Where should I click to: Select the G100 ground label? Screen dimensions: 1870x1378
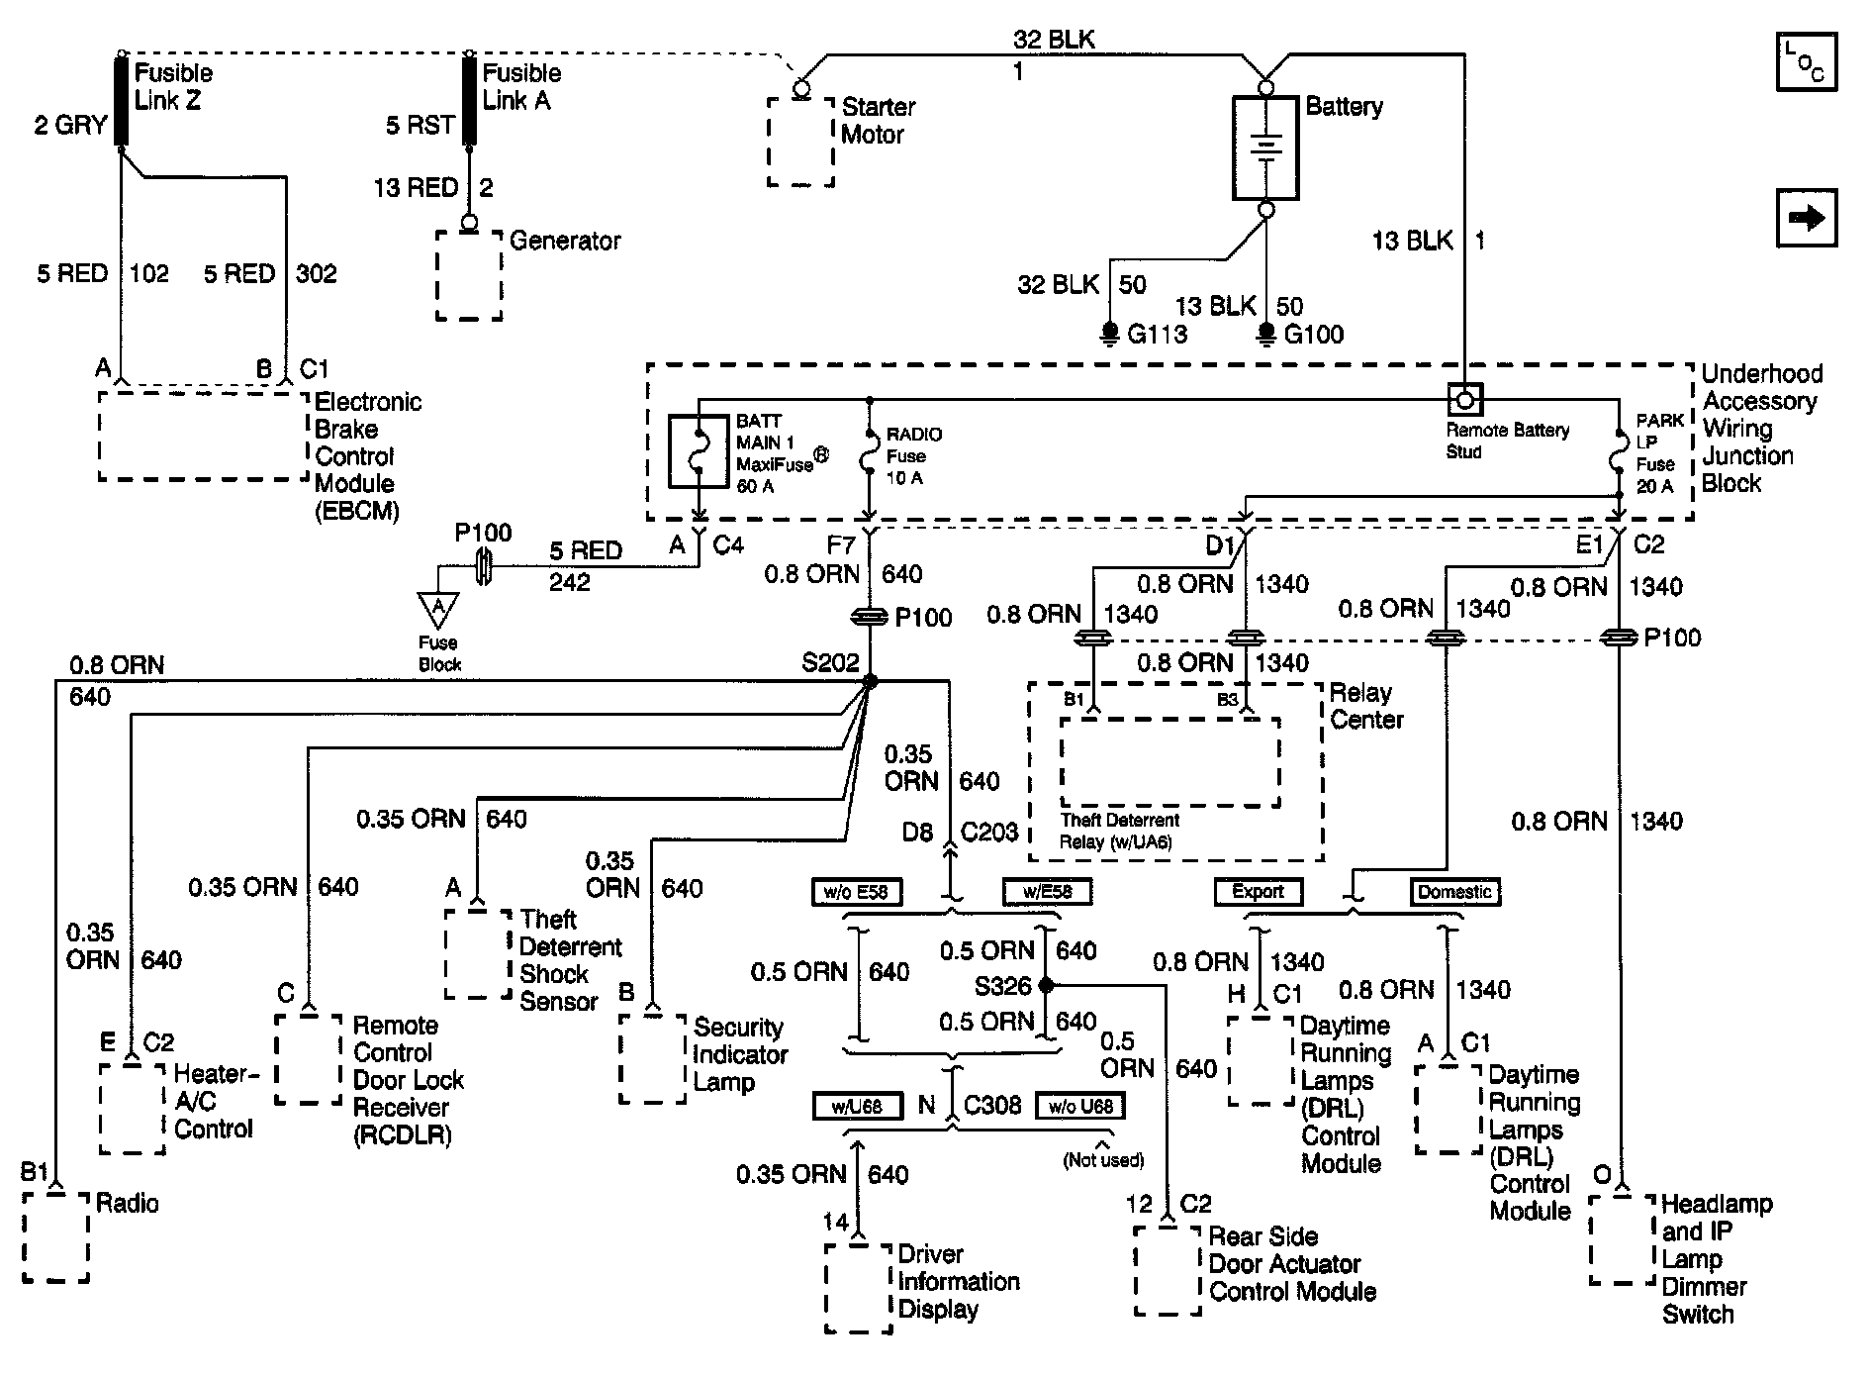pyautogui.click(x=1313, y=335)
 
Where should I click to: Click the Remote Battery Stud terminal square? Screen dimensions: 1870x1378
pyautogui.click(x=1465, y=400)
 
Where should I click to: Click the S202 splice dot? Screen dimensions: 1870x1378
pyautogui.click(x=870, y=681)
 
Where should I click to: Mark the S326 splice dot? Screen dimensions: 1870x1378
pyautogui.click(x=1046, y=985)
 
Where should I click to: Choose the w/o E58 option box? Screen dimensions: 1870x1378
pyautogui.click(x=856, y=891)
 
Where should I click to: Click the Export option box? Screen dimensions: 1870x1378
pyautogui.click(x=1258, y=891)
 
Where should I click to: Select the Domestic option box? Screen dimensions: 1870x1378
pyautogui.click(x=1454, y=891)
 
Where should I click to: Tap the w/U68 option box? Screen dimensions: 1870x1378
pyautogui.click(x=857, y=1106)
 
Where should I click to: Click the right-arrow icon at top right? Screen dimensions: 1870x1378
pyautogui.click(x=1807, y=217)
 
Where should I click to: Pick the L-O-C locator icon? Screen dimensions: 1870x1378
pyautogui.click(x=1807, y=61)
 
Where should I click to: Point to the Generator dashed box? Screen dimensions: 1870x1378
pyautogui.click(x=469, y=275)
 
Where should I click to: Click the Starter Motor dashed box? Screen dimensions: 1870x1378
pyautogui.click(x=800, y=141)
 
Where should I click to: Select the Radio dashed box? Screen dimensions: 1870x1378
pyautogui.click(x=55, y=1237)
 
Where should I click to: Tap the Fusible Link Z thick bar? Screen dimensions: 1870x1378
pyautogui.click(x=122, y=101)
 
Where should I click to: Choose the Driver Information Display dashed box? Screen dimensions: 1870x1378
pyautogui.click(x=859, y=1288)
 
